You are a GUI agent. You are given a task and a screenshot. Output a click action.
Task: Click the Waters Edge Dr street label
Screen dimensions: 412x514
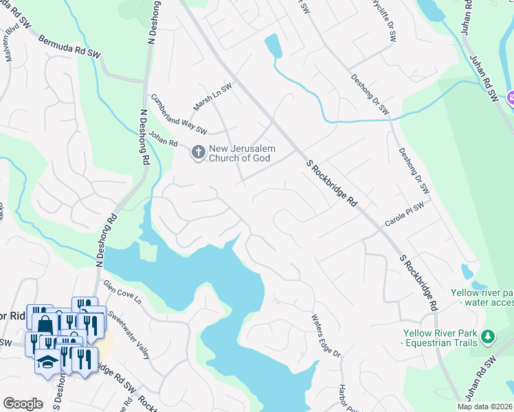[326, 336]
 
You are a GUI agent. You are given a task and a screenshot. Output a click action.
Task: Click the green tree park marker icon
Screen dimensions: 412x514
[488, 336]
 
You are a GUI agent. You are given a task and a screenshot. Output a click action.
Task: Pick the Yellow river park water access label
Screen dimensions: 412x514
[482, 297]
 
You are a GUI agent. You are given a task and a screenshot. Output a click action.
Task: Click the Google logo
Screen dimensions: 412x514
[23, 404]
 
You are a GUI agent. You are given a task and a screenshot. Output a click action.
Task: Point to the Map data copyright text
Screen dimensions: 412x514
[485, 407]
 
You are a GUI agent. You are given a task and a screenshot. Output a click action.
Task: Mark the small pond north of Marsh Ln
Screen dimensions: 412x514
[273, 46]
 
